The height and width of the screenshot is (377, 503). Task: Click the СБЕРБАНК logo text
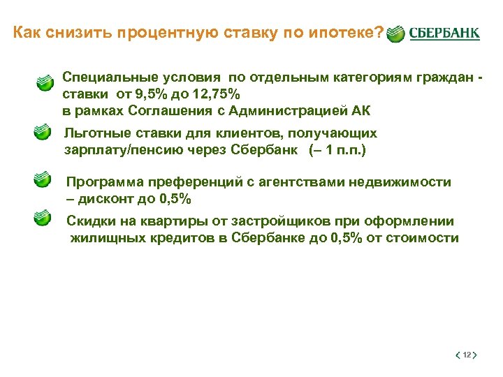click(444, 34)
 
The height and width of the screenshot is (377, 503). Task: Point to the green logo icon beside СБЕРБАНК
click(395, 34)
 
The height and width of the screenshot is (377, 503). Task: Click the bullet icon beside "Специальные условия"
click(44, 82)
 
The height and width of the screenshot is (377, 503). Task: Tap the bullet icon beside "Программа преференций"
click(43, 181)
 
